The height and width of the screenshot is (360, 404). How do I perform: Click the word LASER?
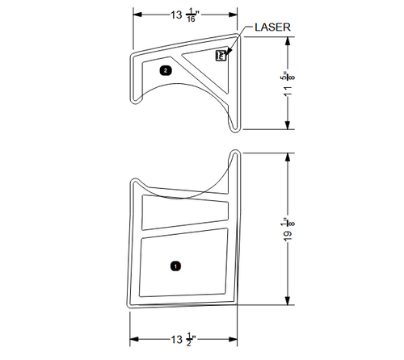tap(272, 27)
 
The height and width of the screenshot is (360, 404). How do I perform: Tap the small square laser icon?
tap(221, 56)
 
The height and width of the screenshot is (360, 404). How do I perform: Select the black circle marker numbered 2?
tap(166, 70)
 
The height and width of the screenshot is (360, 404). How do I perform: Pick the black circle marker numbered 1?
tap(176, 265)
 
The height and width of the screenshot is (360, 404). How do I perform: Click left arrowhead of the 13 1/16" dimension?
tap(137, 15)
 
